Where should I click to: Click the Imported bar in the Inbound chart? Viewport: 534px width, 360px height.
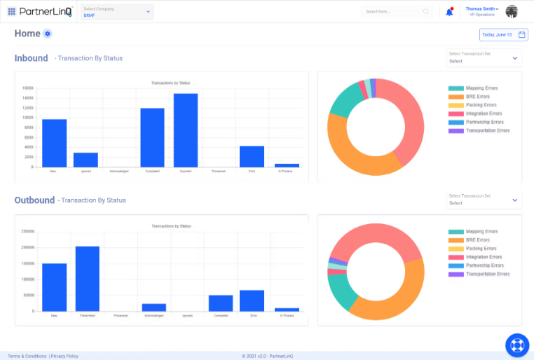186,130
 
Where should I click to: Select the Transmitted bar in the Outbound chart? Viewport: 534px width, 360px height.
88,279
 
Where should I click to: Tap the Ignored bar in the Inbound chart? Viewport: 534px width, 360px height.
85,160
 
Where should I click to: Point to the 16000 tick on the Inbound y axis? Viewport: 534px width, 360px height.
28,88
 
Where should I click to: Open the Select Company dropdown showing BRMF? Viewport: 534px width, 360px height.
117,12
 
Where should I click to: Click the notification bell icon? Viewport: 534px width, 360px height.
449,12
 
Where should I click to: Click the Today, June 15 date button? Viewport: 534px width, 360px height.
503,34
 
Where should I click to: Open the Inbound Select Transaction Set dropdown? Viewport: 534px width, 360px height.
484,58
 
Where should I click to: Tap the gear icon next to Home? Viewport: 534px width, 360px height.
47,34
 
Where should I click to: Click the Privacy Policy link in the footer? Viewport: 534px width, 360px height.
64,356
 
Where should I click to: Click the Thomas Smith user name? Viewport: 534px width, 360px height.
481,8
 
